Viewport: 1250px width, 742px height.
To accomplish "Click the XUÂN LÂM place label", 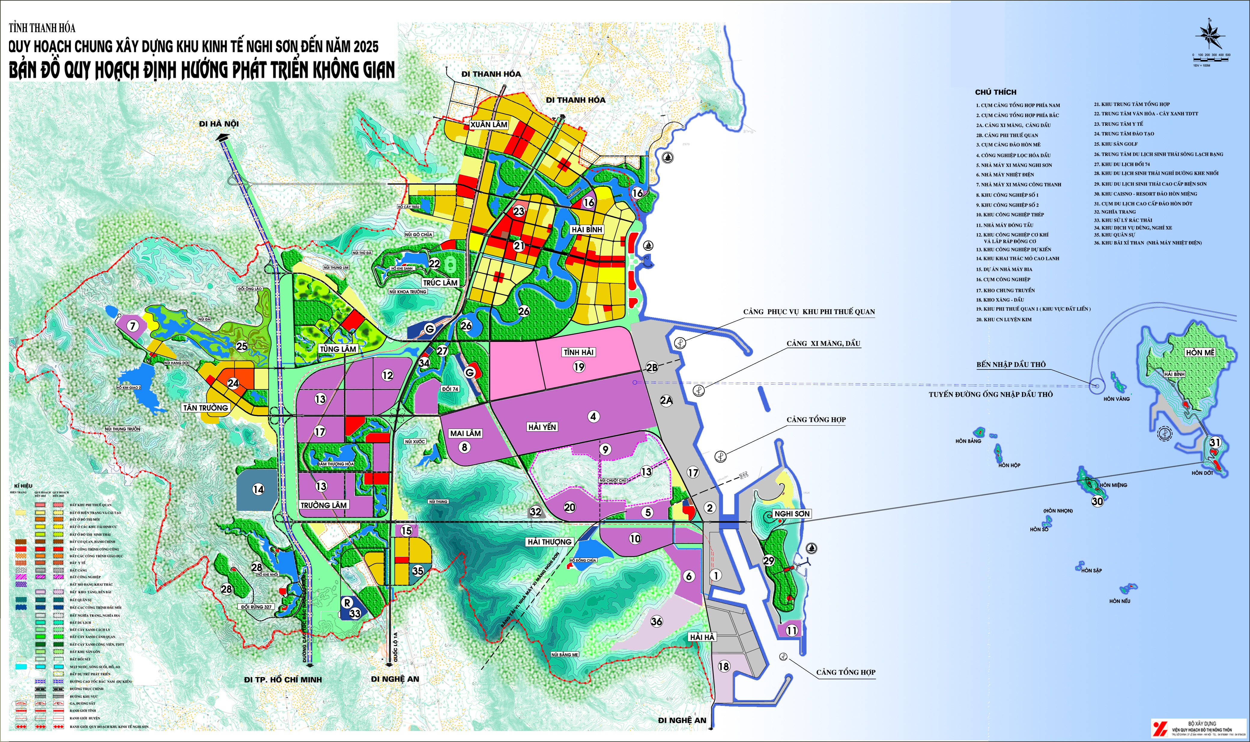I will click(489, 125).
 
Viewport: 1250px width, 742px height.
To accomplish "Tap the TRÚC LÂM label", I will click(440, 282).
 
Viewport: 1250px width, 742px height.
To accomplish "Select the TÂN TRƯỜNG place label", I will click(205, 408).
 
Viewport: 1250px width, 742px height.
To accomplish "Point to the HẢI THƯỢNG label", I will click(549, 541).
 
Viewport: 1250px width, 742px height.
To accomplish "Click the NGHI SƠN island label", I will click(792, 514).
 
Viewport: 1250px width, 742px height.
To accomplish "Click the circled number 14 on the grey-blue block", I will click(258, 490).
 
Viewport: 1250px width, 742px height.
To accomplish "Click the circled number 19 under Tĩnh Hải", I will click(579, 367).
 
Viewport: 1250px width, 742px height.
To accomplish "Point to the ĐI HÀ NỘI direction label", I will click(219, 123).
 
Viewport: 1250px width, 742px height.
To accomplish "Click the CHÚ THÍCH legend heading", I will click(995, 92).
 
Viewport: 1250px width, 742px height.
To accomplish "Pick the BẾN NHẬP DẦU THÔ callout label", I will click(1011, 364).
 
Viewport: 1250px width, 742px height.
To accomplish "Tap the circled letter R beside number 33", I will click(347, 603).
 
